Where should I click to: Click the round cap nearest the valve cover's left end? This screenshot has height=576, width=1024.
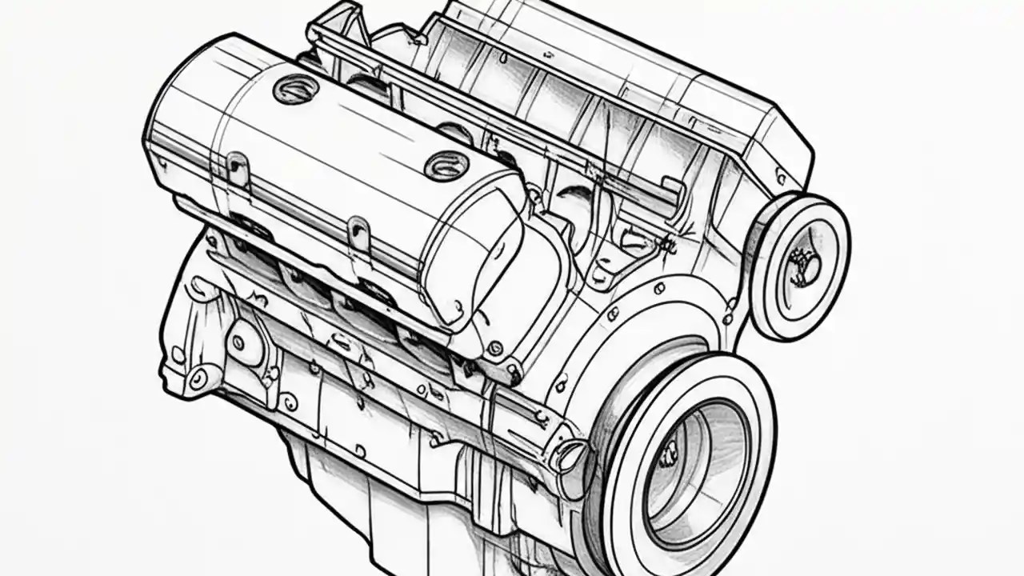[294, 88]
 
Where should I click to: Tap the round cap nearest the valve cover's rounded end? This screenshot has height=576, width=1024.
[446, 166]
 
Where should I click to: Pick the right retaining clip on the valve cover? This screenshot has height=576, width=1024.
[359, 232]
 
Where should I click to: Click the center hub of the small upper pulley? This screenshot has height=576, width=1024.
[802, 266]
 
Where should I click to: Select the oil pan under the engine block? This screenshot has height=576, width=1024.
[384, 496]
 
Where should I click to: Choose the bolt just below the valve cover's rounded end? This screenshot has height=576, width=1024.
[495, 348]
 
